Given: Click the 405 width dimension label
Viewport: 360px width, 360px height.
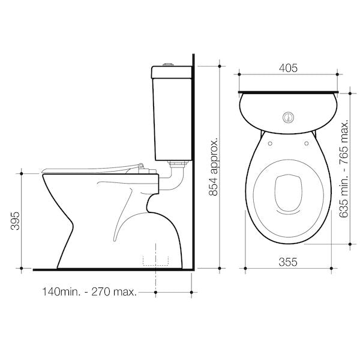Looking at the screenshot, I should coord(288,69).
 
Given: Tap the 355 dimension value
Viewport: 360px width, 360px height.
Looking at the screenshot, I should coord(288,262).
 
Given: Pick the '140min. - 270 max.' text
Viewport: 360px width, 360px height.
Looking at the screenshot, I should coord(89,293).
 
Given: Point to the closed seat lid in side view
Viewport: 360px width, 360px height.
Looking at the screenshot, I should coord(90,168).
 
